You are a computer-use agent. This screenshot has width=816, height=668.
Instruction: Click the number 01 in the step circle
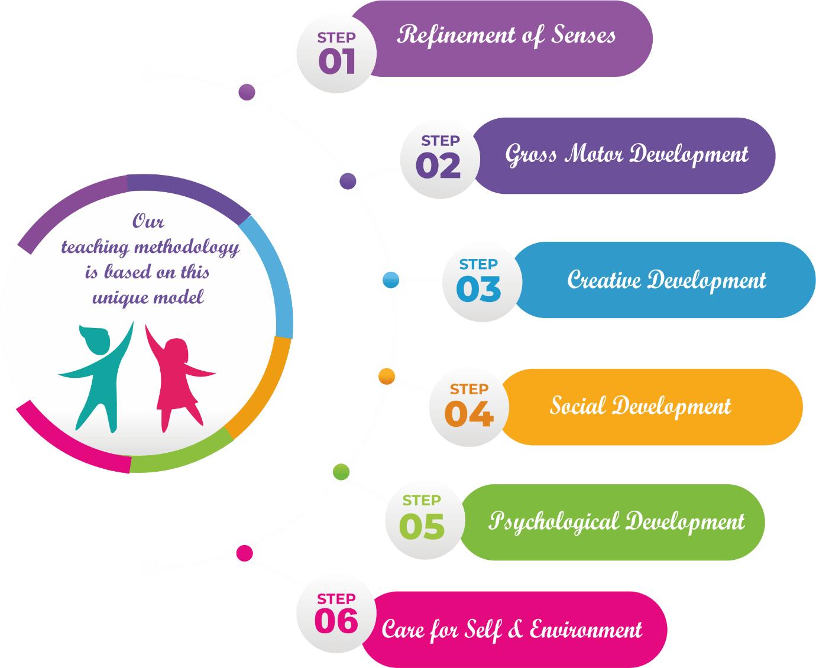[336, 61]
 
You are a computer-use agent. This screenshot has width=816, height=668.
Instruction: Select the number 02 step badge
[438, 166]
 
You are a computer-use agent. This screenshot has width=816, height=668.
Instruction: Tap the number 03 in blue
[478, 289]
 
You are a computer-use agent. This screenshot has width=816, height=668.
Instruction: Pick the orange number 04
[469, 414]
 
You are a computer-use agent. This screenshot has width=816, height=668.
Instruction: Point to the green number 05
[422, 527]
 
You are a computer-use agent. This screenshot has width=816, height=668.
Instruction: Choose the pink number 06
[336, 621]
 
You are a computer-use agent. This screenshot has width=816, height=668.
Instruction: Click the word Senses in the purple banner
[584, 35]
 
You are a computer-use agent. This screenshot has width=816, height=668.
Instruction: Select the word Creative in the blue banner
[604, 280]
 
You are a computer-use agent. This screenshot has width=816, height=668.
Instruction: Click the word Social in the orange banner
[578, 406]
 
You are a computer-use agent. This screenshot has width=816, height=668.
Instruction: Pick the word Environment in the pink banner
[585, 630]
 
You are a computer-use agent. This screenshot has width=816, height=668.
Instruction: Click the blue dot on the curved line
[391, 280]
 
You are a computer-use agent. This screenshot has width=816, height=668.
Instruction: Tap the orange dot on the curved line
[387, 377]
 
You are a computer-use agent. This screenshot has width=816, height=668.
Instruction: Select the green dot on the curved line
[341, 472]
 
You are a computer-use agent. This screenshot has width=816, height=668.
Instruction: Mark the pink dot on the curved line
[245, 553]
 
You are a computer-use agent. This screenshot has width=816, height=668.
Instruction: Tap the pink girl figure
[177, 378]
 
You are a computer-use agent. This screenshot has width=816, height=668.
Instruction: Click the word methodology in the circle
[187, 247]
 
